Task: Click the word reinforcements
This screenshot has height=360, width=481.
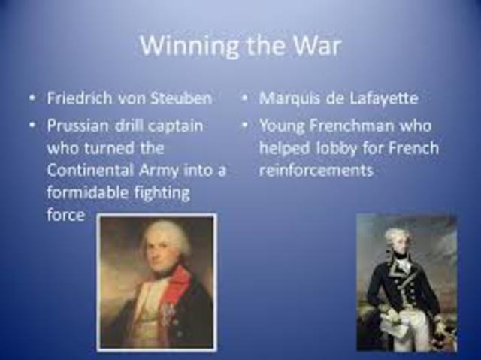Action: [x=316, y=170]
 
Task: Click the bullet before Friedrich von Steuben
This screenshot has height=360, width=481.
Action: [x=32, y=99]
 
